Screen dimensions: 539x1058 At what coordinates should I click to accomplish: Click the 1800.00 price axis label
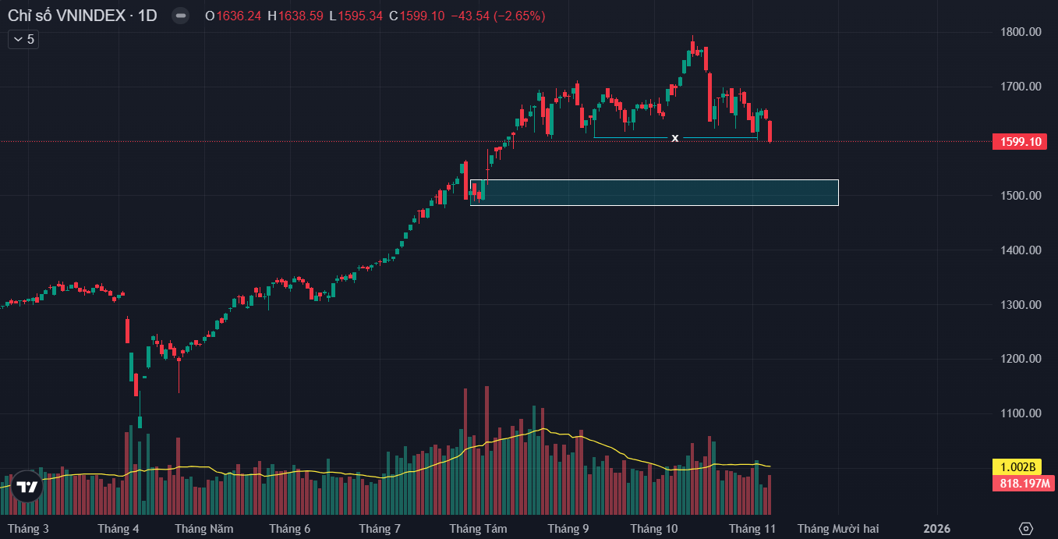click(1021, 32)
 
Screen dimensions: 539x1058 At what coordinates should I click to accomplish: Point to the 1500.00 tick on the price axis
click(1021, 196)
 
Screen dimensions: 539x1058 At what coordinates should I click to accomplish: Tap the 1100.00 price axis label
click(1021, 413)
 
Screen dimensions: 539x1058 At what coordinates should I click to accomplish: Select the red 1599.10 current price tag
click(1019, 142)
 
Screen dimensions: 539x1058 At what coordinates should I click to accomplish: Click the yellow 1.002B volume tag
click(1017, 467)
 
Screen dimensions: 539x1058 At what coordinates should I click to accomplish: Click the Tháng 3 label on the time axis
click(28, 529)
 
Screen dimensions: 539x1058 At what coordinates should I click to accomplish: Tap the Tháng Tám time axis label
click(478, 529)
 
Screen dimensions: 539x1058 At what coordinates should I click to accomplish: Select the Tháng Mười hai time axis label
click(837, 529)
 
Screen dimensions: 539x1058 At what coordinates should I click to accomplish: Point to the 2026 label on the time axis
click(936, 529)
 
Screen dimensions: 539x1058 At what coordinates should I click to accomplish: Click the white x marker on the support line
click(675, 138)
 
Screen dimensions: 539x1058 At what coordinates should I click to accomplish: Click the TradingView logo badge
click(27, 487)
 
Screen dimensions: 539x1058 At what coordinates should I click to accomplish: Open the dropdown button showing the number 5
click(23, 39)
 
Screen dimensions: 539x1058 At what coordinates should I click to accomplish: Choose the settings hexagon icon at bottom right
click(1026, 528)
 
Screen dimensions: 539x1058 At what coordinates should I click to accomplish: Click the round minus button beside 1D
click(180, 16)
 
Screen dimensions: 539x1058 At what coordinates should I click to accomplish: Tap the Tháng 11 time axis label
click(752, 529)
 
